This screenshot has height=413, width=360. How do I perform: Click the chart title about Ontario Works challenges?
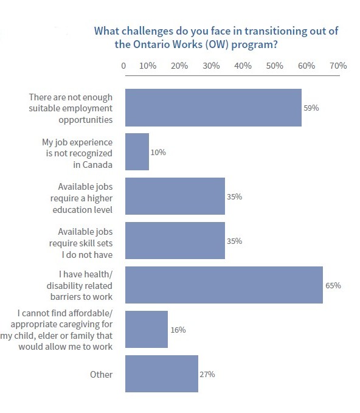tap(216, 37)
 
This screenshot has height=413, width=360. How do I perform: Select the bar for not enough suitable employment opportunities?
tap(213, 108)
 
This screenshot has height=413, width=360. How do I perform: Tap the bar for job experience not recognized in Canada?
tap(137, 152)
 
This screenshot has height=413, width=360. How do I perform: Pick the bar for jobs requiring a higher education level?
tap(175, 196)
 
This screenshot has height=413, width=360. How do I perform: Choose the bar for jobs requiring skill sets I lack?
tap(175, 241)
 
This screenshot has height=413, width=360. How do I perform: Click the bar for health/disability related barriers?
tap(224, 285)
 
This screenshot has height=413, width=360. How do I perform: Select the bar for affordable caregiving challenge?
tap(146, 330)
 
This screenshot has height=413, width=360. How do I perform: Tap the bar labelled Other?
tap(161, 374)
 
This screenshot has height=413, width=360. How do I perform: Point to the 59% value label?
tap(311, 108)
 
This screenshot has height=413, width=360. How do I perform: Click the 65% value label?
tap(333, 285)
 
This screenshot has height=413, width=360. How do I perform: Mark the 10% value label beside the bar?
tap(158, 152)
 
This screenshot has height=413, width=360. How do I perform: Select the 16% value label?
tap(178, 330)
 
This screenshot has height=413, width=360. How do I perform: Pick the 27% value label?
tap(207, 374)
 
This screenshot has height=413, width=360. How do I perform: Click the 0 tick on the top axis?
tap(124, 66)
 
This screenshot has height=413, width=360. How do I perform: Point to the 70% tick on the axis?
tap(337, 66)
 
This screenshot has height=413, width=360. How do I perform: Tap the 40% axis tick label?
tap(243, 66)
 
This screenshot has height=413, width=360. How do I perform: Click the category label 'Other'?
tap(101, 374)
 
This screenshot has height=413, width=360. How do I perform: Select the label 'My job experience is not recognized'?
tap(77, 152)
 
